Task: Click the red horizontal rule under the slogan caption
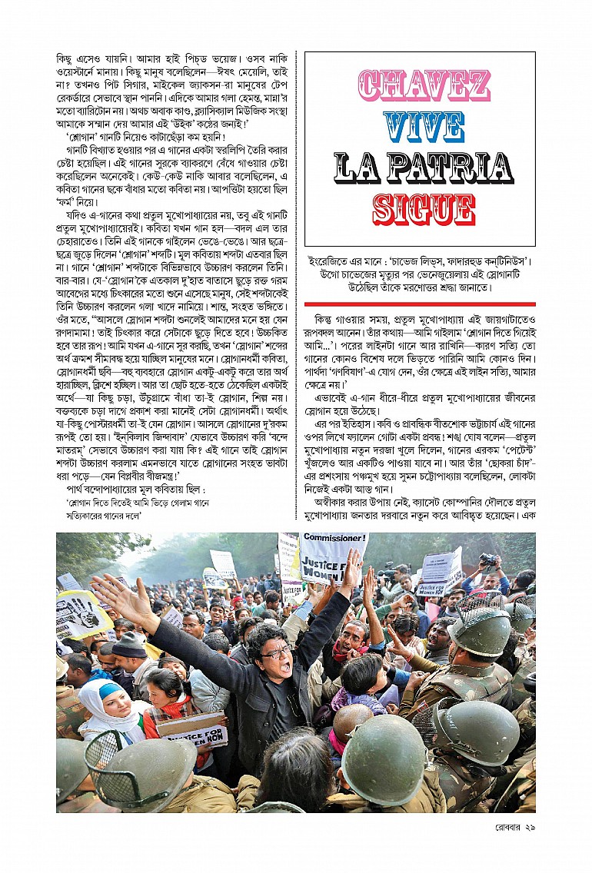420,304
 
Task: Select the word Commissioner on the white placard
331,539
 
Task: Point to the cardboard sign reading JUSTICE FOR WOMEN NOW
193,726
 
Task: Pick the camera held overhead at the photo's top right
487,559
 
